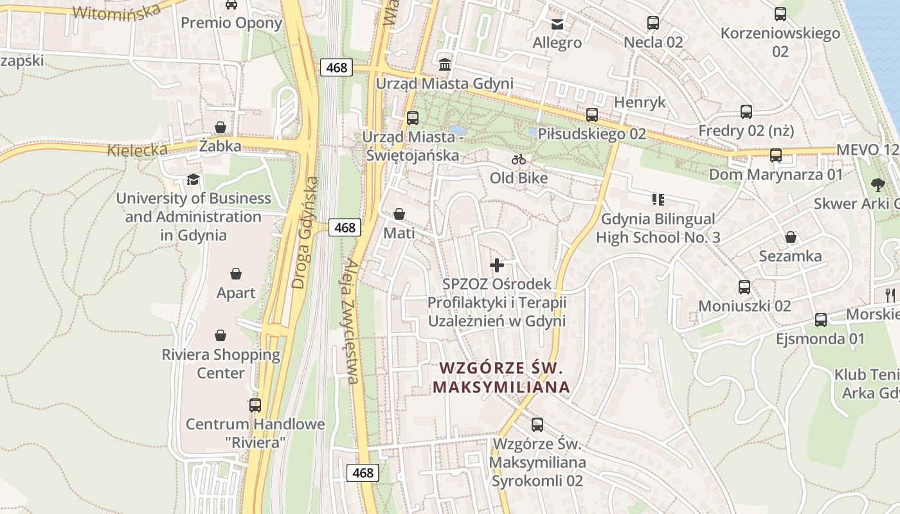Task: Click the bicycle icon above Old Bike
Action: pos(519,159)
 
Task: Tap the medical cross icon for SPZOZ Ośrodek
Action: pos(496,265)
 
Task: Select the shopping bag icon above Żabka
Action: pos(221,127)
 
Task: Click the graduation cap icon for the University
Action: pos(193,179)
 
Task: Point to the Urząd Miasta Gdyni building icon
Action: pos(444,65)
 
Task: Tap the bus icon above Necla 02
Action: pos(653,24)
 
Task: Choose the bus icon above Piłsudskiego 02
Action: pos(592,115)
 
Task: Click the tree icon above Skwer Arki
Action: pos(878,185)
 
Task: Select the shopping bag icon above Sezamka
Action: pos(791,237)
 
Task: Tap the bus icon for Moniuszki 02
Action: pos(744,287)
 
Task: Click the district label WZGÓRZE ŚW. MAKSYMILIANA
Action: pos(501,378)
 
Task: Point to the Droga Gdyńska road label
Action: pos(305,232)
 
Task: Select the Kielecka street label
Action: pos(138,150)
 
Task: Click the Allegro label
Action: pos(557,43)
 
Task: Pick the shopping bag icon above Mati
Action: pos(399,214)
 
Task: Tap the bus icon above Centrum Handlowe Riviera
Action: pos(255,405)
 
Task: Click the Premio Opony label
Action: pos(231,23)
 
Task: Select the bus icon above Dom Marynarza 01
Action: pos(776,155)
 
